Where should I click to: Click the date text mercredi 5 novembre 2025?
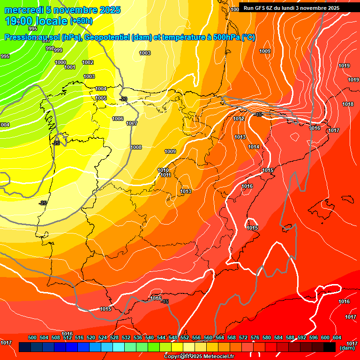tap(62, 10)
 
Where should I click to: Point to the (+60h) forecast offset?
tap(81, 21)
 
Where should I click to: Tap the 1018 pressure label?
tap(348, 104)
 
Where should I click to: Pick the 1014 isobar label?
tap(254, 147)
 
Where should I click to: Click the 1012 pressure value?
tap(239, 119)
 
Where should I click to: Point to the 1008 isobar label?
tap(136, 147)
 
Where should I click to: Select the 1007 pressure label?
tap(132, 123)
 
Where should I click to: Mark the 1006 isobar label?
tap(118, 119)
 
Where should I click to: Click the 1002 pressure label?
tap(88, 62)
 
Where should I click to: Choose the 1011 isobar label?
tap(165, 175)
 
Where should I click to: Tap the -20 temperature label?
tap(123, 99)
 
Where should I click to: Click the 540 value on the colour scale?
tap(150, 337)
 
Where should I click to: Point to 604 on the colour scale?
tap(337, 337)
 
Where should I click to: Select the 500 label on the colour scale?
tap(32, 337)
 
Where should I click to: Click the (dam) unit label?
tap(347, 348)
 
